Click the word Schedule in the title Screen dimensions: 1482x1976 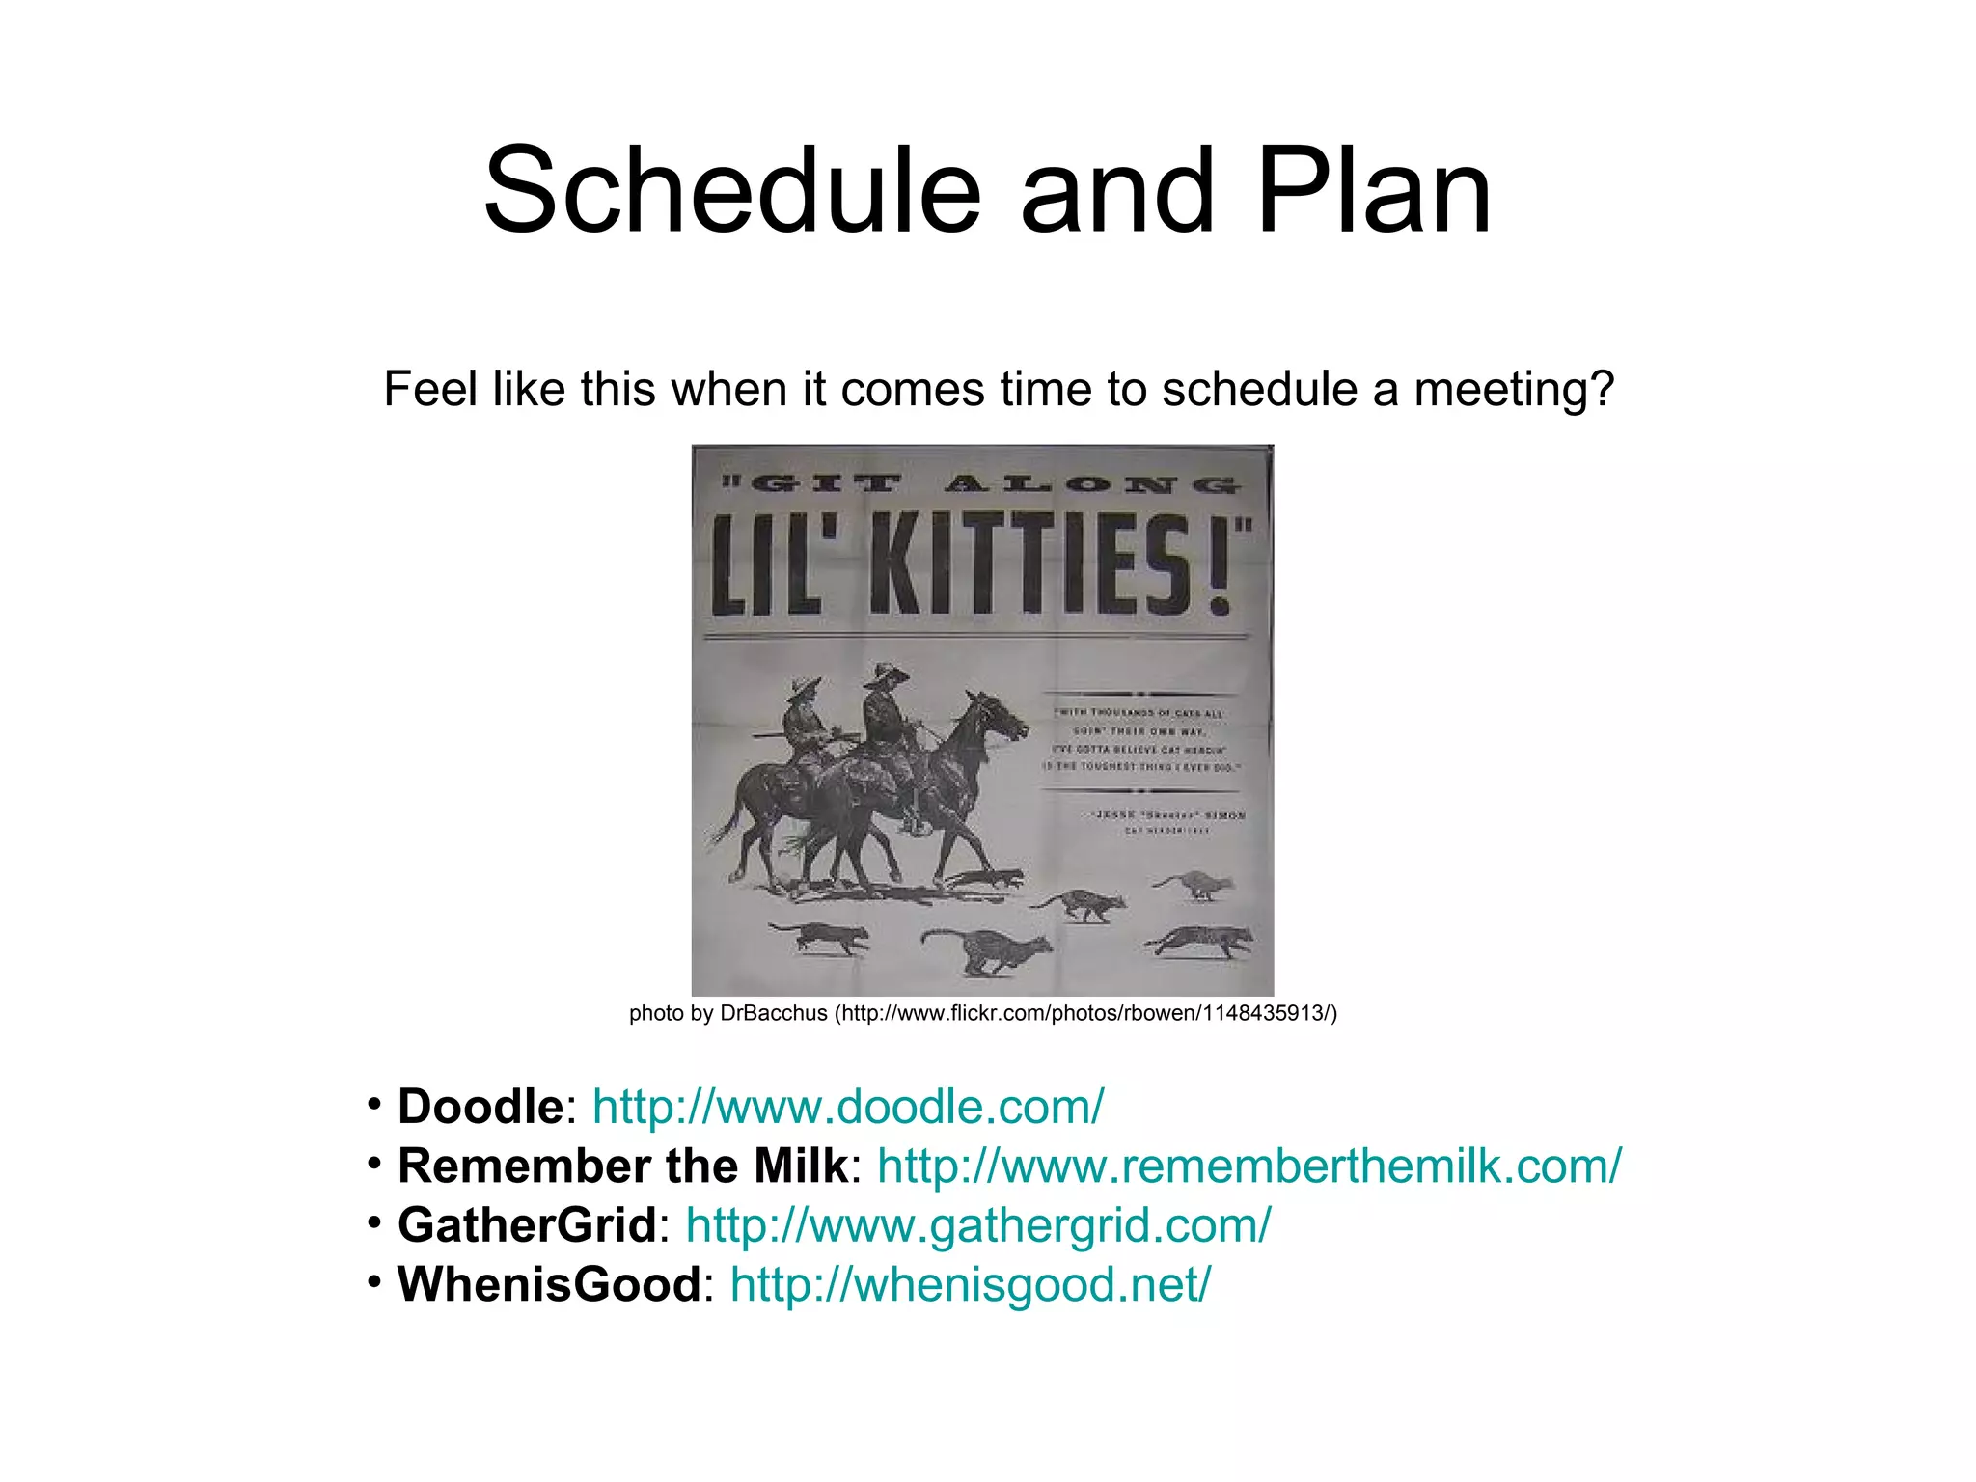point(731,191)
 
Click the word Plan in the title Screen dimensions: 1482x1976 point(1373,191)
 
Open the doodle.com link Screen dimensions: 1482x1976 point(847,1107)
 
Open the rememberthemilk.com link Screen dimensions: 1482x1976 point(1249,1166)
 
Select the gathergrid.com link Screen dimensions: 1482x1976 point(977,1225)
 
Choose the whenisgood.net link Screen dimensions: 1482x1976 point(970,1284)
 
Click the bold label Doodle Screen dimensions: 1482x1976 point(480,1107)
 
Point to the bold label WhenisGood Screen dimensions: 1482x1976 point(548,1284)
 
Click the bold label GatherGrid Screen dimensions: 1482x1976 point(527,1225)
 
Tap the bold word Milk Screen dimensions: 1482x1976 point(800,1166)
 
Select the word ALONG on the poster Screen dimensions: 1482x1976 point(1090,484)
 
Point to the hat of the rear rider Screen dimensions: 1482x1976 point(803,688)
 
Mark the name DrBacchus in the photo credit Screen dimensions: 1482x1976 point(774,1013)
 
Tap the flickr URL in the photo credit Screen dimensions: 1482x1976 point(1086,1013)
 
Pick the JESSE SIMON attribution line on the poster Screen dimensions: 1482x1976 point(1169,815)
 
